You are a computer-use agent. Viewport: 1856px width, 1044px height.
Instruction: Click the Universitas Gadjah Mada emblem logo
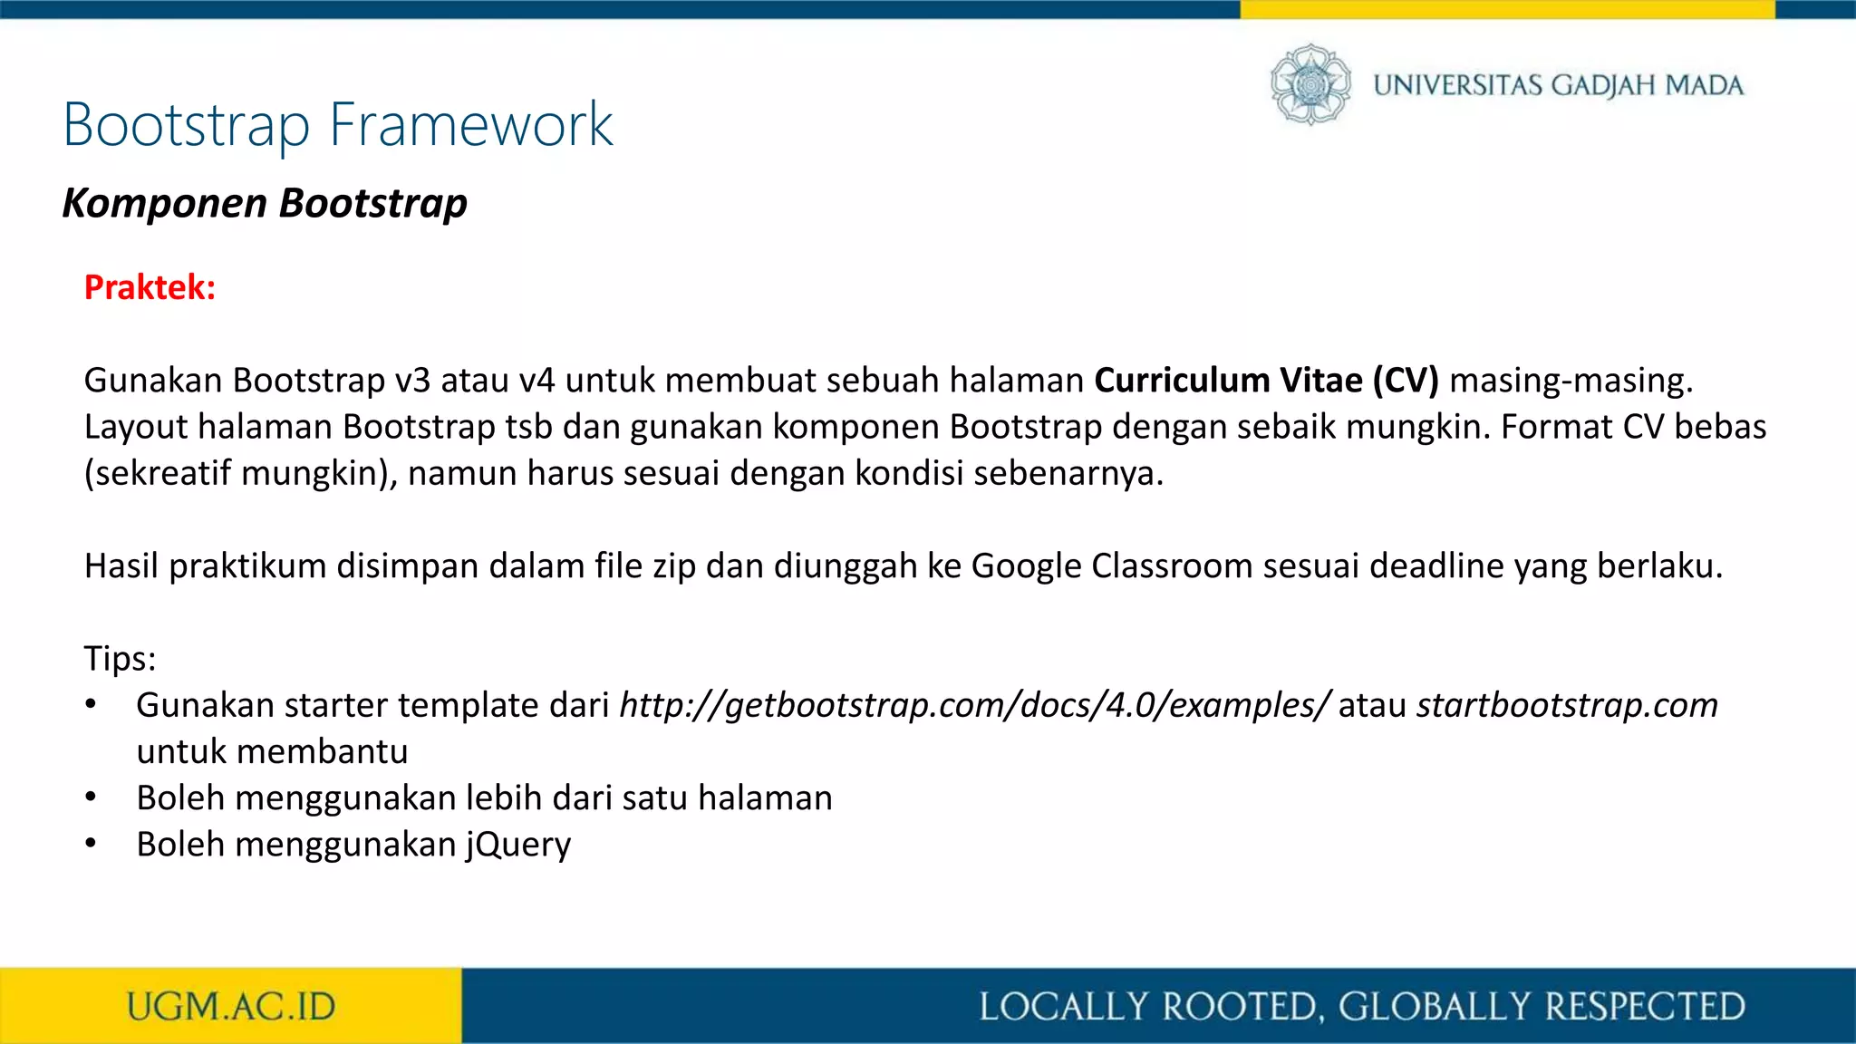click(x=1310, y=84)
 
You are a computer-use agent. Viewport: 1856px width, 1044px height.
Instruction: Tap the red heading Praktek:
click(x=150, y=287)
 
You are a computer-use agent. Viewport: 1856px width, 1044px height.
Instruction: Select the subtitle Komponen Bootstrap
click(x=265, y=203)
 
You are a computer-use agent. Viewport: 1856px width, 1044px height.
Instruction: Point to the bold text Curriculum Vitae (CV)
click(x=1266, y=381)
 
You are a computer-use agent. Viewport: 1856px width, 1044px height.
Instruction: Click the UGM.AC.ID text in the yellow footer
click(x=231, y=1007)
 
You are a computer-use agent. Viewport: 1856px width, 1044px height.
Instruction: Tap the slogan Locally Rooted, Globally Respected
click(x=1362, y=1007)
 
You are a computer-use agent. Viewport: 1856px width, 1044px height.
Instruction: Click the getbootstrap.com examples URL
click(x=975, y=705)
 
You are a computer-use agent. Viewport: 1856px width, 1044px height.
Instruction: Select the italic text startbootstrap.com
click(x=1567, y=705)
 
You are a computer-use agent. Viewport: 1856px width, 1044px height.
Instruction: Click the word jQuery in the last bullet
click(x=518, y=845)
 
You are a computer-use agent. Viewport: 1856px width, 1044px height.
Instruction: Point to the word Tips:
click(x=120, y=659)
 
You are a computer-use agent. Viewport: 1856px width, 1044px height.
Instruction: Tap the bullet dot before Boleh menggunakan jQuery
click(x=91, y=844)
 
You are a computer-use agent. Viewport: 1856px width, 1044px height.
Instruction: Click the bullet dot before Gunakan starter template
click(x=91, y=705)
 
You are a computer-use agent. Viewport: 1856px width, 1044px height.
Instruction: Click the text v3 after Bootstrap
click(x=412, y=381)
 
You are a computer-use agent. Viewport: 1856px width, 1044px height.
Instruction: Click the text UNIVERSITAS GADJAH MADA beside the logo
click(x=1558, y=85)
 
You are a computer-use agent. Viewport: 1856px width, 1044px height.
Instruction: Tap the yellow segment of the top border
click(x=1506, y=9)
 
